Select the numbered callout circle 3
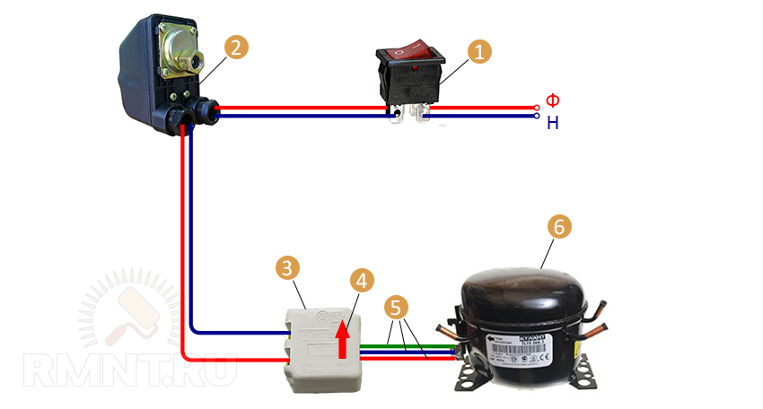click(287, 267)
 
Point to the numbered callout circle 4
click(361, 281)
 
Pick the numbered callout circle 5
click(395, 307)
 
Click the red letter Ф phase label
click(553, 101)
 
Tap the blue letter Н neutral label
click(553, 123)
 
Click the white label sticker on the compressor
click(522, 344)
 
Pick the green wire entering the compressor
click(413, 346)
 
